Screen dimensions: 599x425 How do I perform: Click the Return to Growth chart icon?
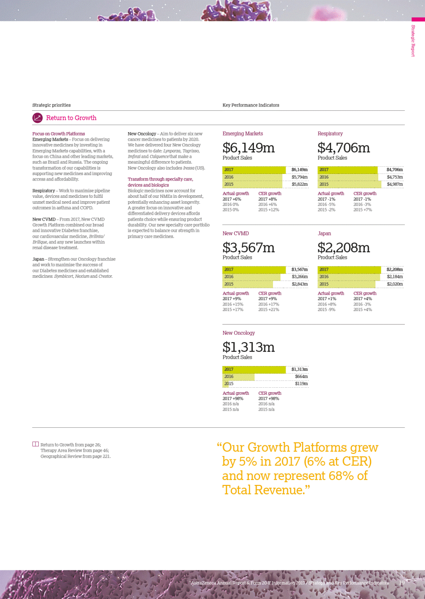[37, 118]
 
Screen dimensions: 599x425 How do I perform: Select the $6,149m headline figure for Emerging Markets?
[249, 148]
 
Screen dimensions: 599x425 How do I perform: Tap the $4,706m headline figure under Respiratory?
[344, 148]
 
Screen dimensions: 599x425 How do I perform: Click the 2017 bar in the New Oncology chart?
[254, 370]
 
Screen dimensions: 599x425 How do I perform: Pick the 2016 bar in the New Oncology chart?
[238, 377]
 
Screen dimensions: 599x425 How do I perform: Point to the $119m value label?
[301, 384]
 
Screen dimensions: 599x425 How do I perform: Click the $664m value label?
[301, 377]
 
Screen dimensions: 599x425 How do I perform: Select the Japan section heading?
[324, 234]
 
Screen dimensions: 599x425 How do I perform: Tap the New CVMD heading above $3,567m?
[235, 234]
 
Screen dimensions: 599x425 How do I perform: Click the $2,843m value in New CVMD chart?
[299, 284]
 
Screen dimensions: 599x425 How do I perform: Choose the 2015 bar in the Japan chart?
[346, 284]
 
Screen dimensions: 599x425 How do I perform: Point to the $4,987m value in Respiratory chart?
[395, 184]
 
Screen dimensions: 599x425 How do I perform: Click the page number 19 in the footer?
[402, 583]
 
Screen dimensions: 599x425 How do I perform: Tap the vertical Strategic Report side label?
[413, 40]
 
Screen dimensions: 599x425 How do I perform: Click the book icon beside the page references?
[35, 444]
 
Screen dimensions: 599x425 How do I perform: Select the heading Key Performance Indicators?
[251, 105]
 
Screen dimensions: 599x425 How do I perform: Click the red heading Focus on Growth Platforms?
[59, 134]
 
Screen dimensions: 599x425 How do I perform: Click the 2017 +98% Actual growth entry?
[233, 399]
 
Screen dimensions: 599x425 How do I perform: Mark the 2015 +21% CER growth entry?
[269, 310]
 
